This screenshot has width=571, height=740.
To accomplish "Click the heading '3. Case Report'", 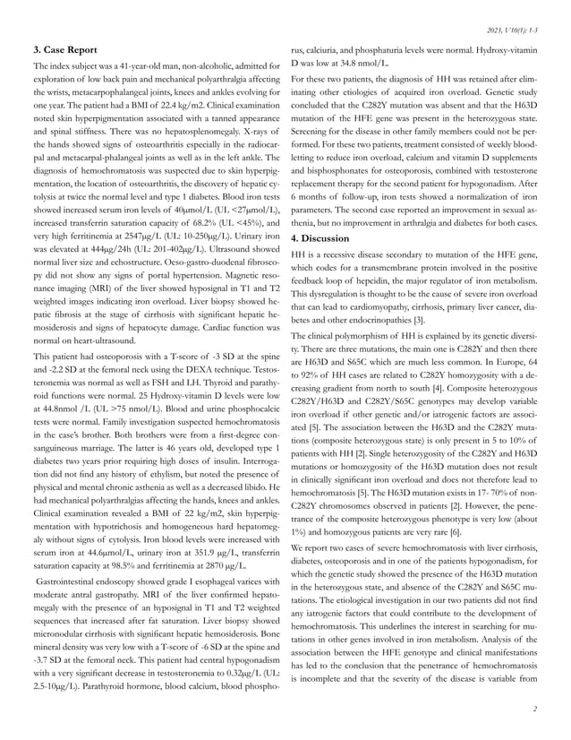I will click(x=64, y=48).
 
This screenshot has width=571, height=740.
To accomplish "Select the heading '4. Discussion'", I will click(x=327, y=238).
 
